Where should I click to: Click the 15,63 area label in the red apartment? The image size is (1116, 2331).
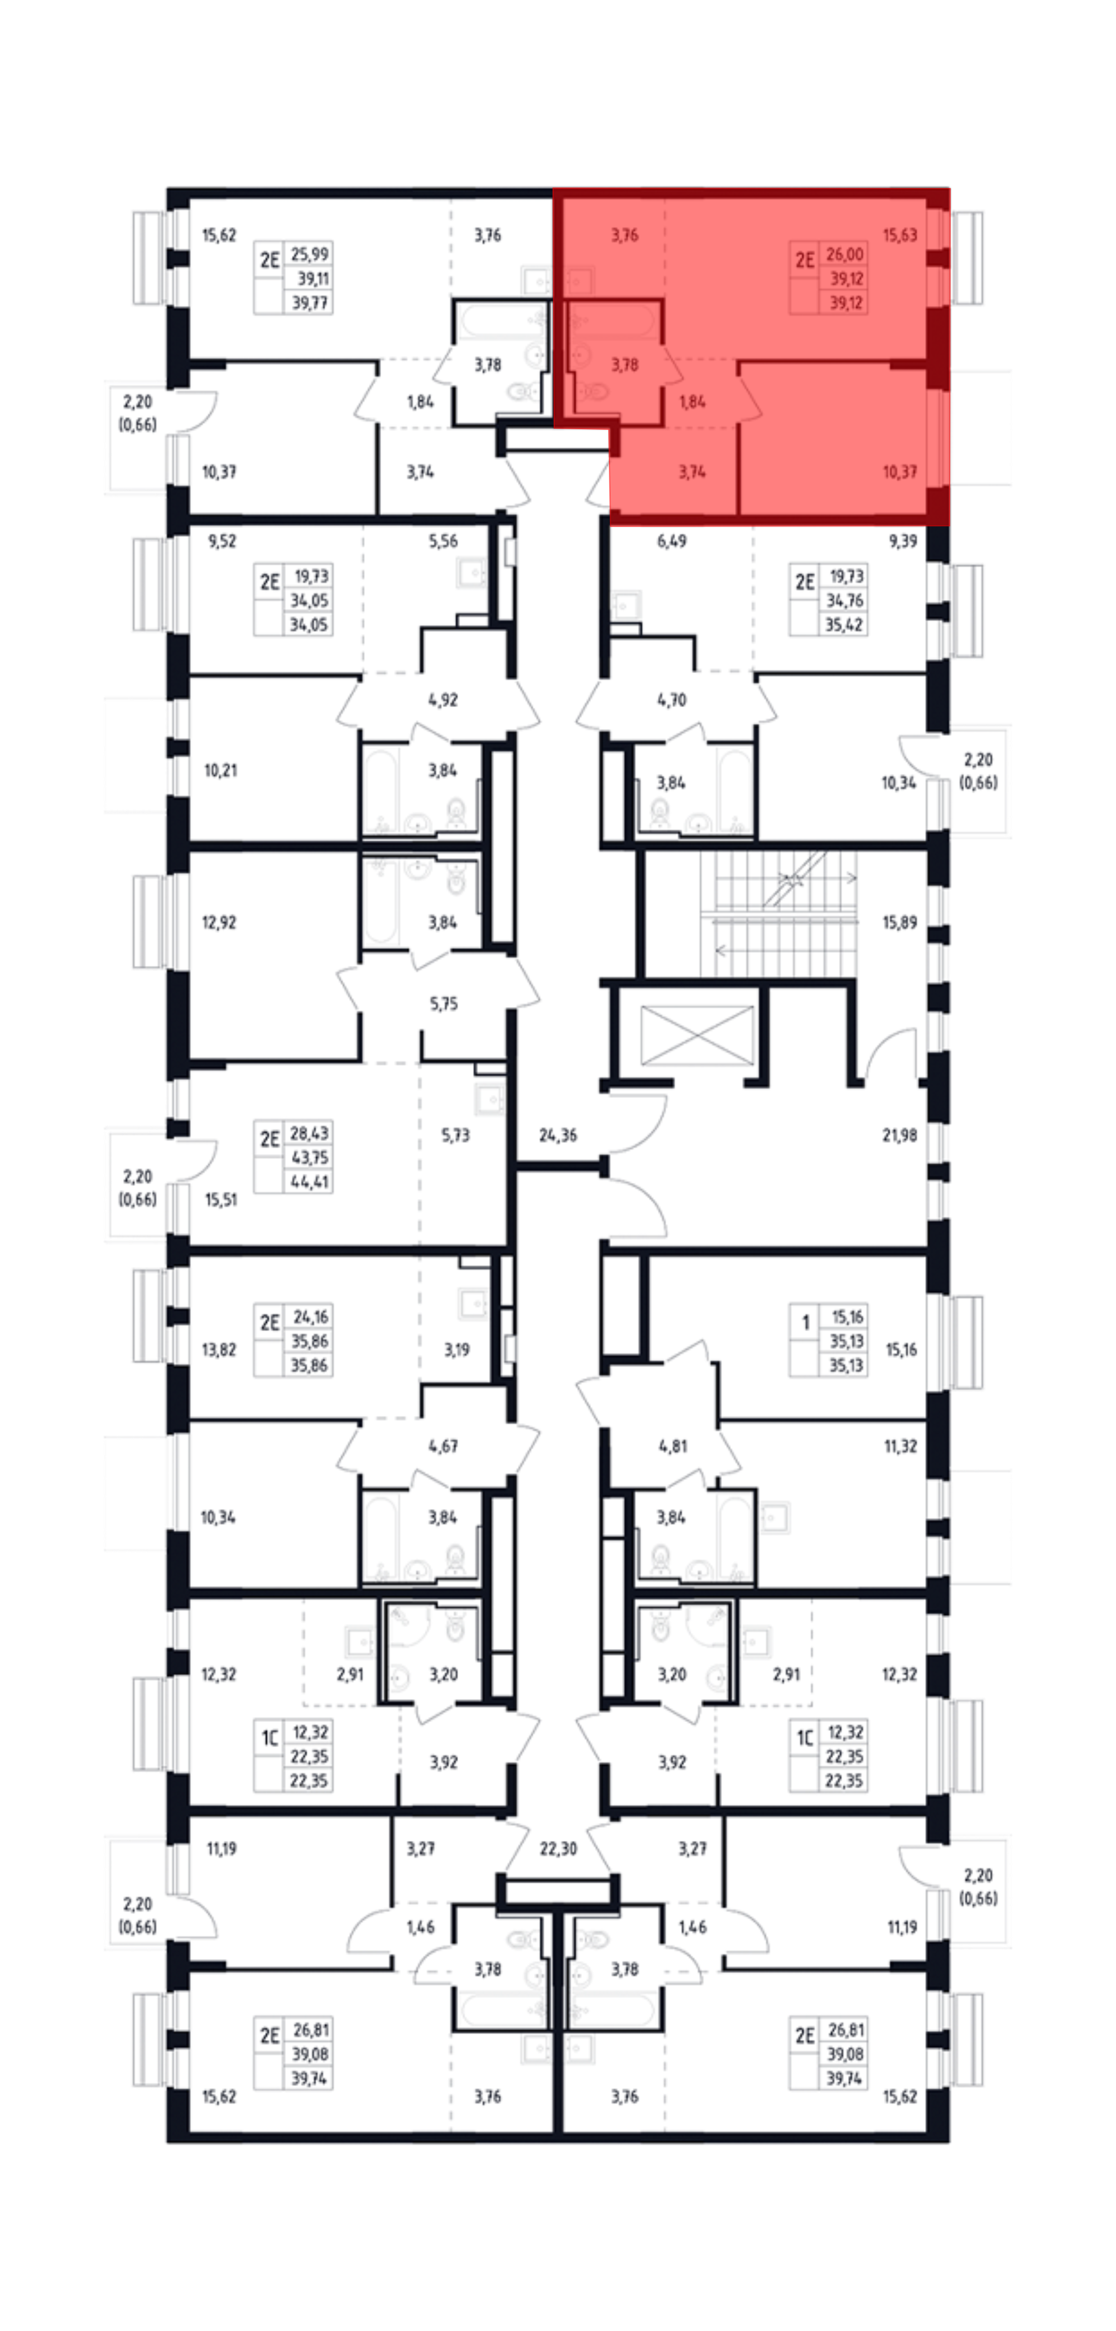click(x=899, y=235)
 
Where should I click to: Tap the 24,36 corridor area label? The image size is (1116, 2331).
click(x=557, y=1135)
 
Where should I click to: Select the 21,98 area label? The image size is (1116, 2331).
click(x=899, y=1135)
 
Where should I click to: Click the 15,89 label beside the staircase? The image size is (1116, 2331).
click(x=899, y=922)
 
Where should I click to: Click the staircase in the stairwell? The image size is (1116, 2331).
click(x=778, y=914)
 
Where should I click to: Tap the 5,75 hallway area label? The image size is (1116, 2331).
click(x=444, y=1004)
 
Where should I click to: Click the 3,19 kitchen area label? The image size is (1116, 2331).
click(x=456, y=1349)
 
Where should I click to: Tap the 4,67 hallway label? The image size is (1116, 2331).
click(x=444, y=1446)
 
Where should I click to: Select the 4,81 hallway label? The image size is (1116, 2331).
click(x=672, y=1446)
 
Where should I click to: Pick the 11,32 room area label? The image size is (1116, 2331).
click(x=899, y=1446)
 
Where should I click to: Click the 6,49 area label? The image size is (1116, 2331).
click(x=672, y=541)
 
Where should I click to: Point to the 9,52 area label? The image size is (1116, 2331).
click(x=222, y=541)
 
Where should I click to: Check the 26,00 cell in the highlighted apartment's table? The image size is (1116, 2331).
click(x=844, y=254)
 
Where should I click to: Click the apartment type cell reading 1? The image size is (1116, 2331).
click(x=805, y=1323)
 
